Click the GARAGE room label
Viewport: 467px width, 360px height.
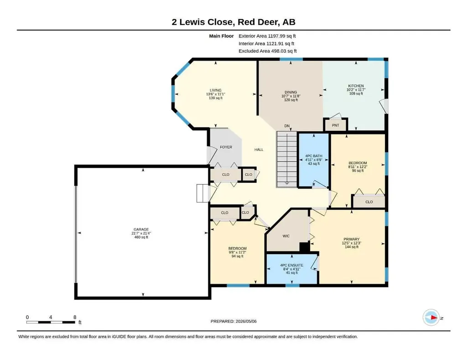pos(141,229)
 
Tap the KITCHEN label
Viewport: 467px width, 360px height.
pos(356,86)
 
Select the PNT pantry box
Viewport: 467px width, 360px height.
pos(336,125)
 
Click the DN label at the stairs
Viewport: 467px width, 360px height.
pos(287,126)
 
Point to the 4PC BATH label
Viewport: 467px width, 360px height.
pos(314,156)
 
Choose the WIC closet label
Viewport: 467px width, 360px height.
pos(286,236)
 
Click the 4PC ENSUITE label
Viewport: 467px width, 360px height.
pos(291,265)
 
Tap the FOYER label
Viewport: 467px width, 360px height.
pos(226,147)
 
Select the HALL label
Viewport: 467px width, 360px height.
pos(259,149)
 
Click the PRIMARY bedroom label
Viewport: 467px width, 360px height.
pos(352,239)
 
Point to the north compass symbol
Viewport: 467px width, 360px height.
pos(431,318)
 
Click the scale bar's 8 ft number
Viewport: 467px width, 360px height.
pos(75,317)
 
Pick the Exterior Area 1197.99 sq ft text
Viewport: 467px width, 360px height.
pos(267,36)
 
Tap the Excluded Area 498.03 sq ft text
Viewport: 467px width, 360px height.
pos(267,51)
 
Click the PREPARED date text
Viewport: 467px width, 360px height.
pos(233,321)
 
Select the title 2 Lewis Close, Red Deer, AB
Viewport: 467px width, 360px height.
pos(233,22)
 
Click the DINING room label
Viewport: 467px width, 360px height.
pos(291,92)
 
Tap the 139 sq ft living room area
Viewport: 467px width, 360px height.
pos(216,98)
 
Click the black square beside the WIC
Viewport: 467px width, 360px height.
pos(304,247)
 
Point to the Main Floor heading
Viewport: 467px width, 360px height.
pos(221,36)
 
